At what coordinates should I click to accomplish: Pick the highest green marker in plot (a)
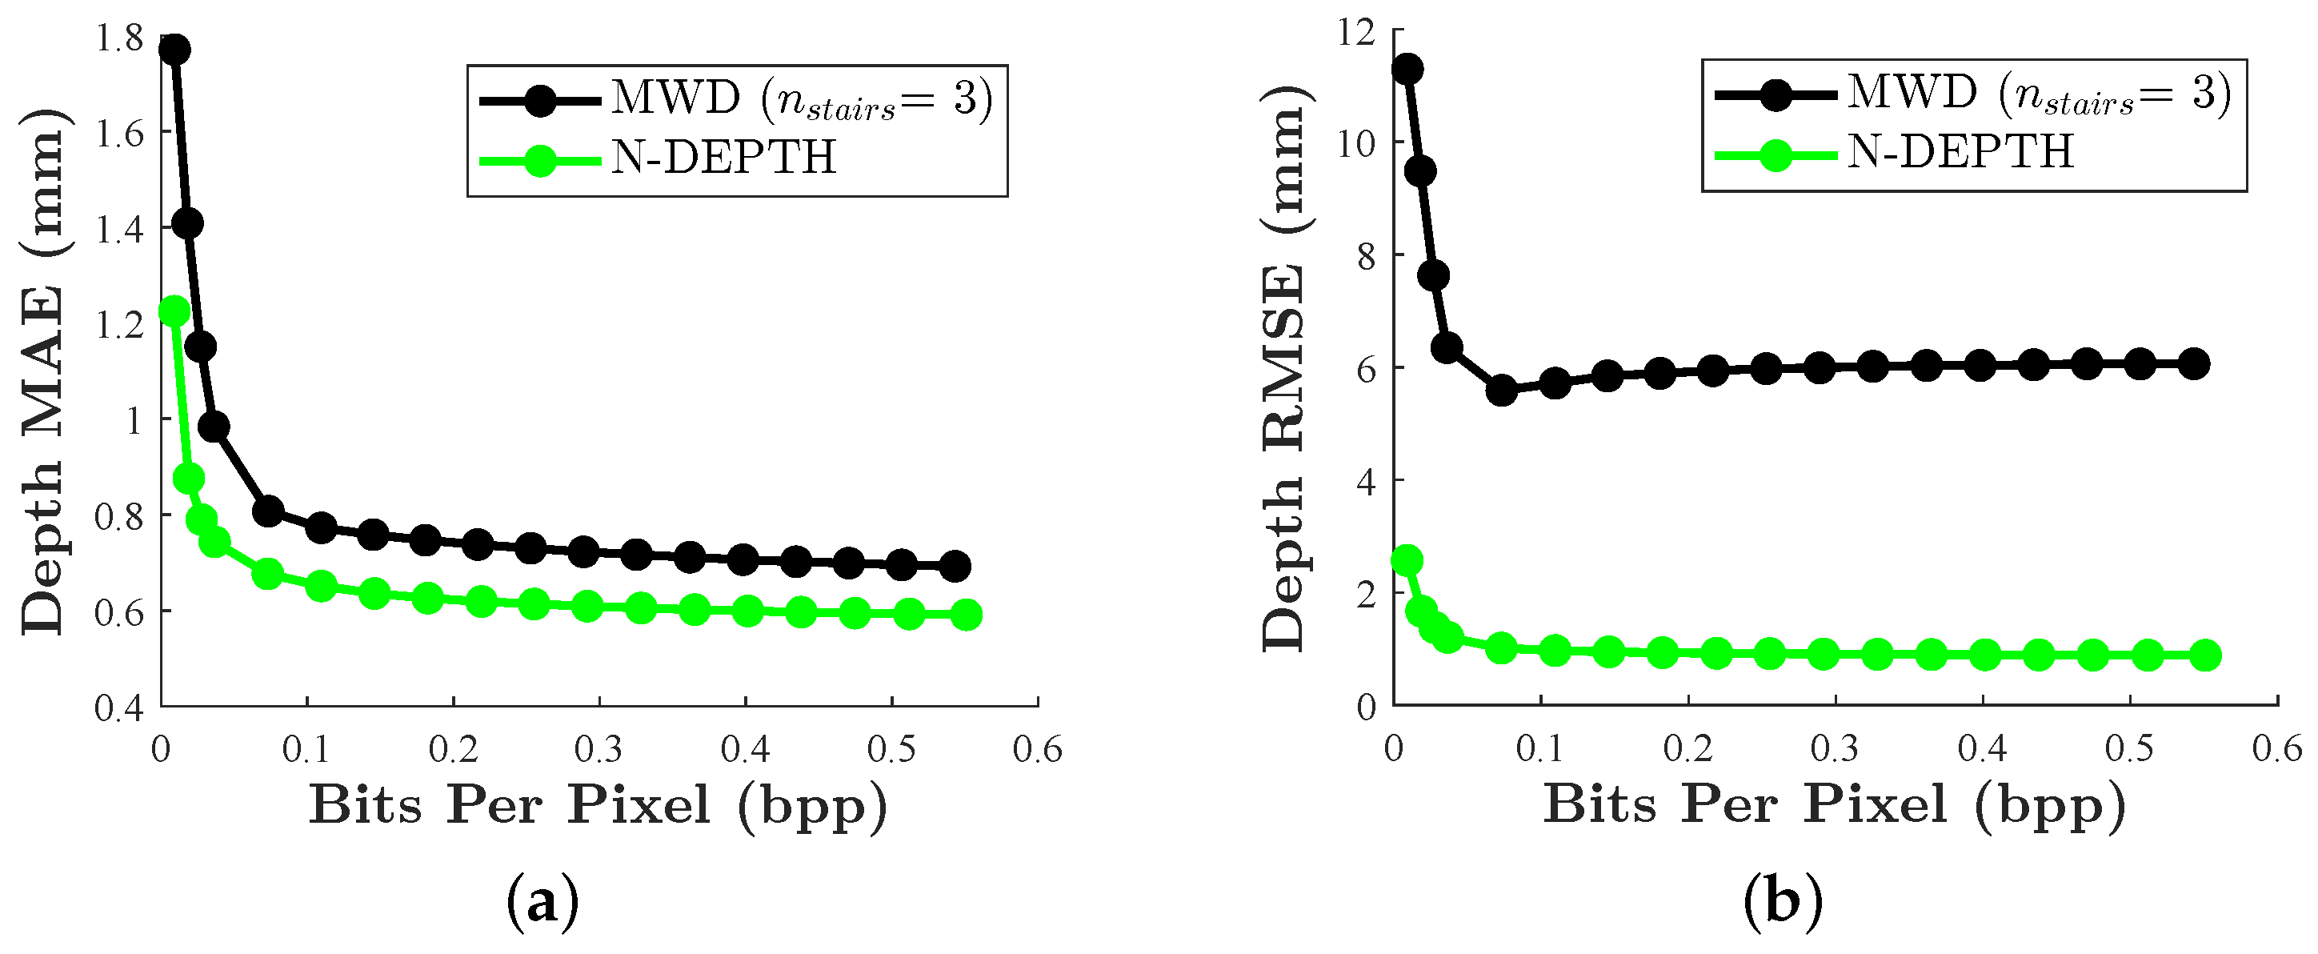tap(174, 311)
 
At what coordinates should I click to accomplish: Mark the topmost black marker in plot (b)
tap(1407, 70)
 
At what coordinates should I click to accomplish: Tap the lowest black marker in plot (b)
tap(1501, 391)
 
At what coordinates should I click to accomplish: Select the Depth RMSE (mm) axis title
tap(1283, 369)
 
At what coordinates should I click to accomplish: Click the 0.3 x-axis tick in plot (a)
tap(599, 750)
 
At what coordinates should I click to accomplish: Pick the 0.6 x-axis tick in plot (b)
tap(2276, 750)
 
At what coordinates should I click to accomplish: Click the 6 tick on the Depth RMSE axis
tap(1367, 369)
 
